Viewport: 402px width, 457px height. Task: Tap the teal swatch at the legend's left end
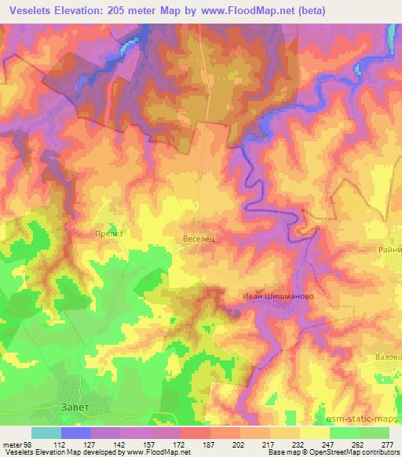46,433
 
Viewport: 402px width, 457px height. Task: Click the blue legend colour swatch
75,433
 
